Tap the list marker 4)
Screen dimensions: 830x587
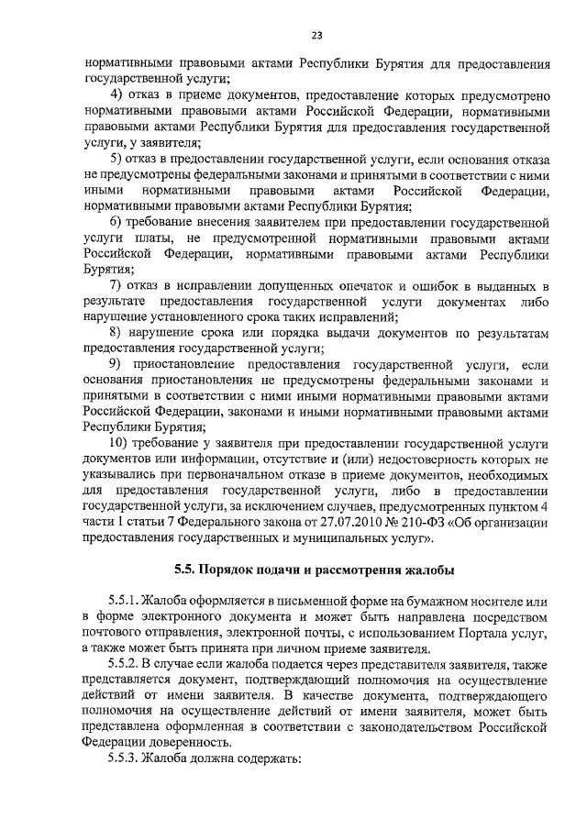(116, 95)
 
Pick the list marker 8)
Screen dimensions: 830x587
(116, 334)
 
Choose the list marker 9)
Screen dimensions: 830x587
(116, 365)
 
